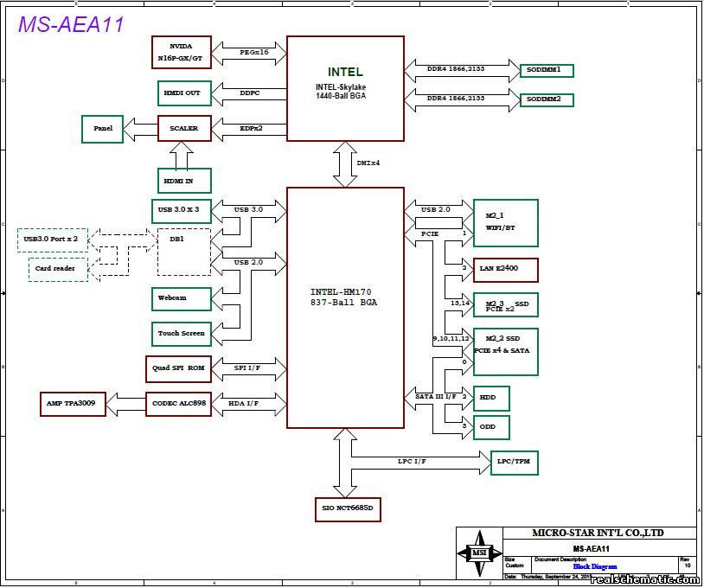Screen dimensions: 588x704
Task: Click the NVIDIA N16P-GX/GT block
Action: pyautogui.click(x=181, y=52)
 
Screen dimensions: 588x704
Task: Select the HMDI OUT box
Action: pyautogui.click(x=181, y=93)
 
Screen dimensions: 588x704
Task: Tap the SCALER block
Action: pyautogui.click(x=183, y=128)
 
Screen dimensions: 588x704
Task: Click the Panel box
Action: pyautogui.click(x=103, y=128)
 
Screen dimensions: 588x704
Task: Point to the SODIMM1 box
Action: pyautogui.click(x=546, y=69)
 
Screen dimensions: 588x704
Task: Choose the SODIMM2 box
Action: pyautogui.click(x=546, y=99)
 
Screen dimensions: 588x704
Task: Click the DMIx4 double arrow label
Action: pyautogui.click(x=368, y=163)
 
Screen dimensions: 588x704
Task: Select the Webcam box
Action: pyautogui.click(x=181, y=297)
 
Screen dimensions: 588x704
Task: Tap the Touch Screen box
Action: pyautogui.click(x=181, y=333)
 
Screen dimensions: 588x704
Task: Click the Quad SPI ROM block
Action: pyautogui.click(x=177, y=367)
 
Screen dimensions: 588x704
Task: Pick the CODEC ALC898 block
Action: pyautogui.click(x=177, y=404)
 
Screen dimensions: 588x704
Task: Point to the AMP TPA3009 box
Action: pyautogui.click(x=74, y=404)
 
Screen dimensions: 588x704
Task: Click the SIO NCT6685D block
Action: pyautogui.click(x=348, y=508)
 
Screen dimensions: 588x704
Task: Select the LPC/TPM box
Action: pyautogui.click(x=515, y=463)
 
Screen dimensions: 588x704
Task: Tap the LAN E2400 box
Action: pyautogui.click(x=505, y=270)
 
